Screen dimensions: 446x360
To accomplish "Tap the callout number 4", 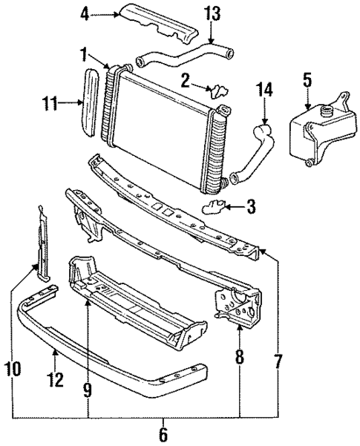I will coord(85,13).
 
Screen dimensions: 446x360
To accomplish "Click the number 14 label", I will coord(265,91).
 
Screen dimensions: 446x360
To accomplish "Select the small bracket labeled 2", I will coord(219,91).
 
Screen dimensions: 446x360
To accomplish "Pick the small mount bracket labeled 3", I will coord(214,206).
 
